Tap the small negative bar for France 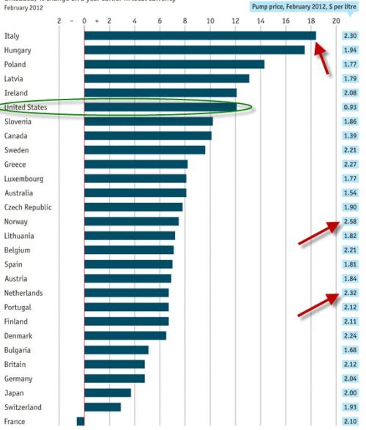coord(80,421)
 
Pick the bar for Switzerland coord(102,407)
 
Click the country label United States coord(25,107)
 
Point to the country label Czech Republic coord(28,207)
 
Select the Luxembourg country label coord(24,179)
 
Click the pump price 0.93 coord(350,107)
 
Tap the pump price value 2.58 coord(350,222)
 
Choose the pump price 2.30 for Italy coord(350,36)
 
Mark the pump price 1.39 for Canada coord(350,136)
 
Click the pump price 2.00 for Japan coord(350,393)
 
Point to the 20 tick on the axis coord(335,21)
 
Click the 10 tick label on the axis coord(210,21)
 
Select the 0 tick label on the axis coord(84,21)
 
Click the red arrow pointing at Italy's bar coord(322,58)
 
